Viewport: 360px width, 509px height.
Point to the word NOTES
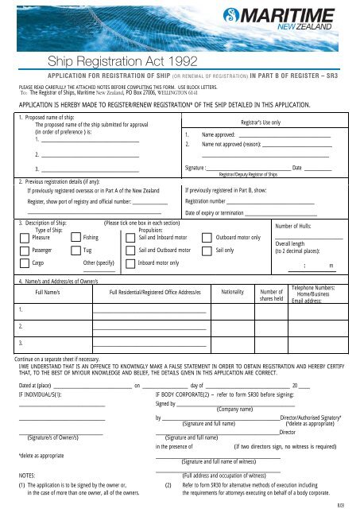click(x=28, y=474)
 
